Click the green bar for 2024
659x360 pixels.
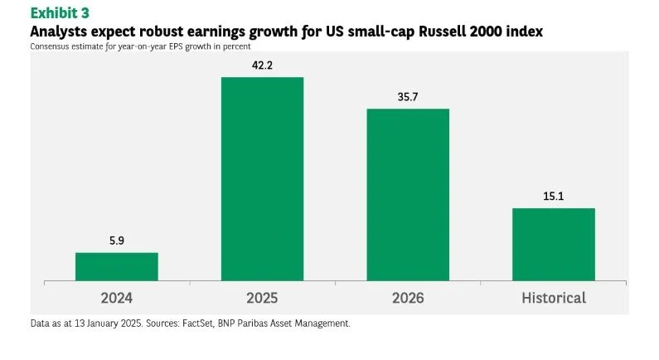pyautogui.click(x=116, y=266)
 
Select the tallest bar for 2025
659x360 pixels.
pyautogui.click(x=262, y=178)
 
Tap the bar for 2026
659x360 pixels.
pyautogui.click(x=408, y=194)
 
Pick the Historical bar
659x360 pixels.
pyautogui.click(x=553, y=244)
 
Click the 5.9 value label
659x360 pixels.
pyautogui.click(x=116, y=241)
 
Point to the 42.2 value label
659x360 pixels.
pyautogui.click(x=262, y=65)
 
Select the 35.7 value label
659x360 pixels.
pyautogui.click(x=408, y=96)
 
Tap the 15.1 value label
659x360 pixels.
pyautogui.click(x=553, y=196)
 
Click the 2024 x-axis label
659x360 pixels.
pyautogui.click(x=116, y=298)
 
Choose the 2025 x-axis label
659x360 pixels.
pyautogui.click(x=262, y=298)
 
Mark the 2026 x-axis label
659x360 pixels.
pyautogui.click(x=408, y=298)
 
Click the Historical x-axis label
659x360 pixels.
pyautogui.click(x=553, y=298)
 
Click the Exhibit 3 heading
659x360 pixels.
pyautogui.click(x=60, y=12)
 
